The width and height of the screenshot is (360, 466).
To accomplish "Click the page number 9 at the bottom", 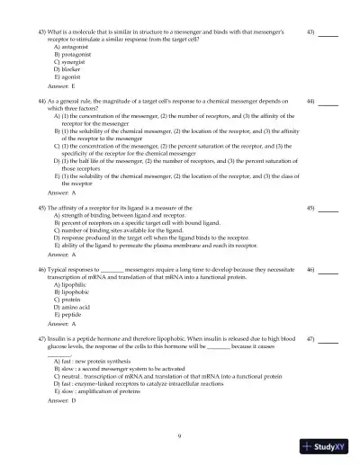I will (x=179, y=435).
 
